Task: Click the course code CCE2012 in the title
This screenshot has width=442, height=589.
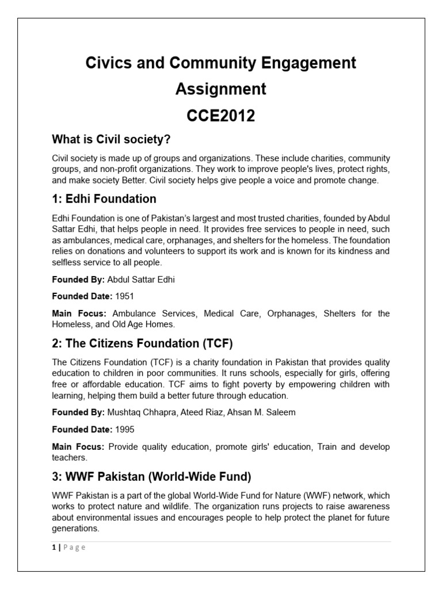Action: tap(220, 116)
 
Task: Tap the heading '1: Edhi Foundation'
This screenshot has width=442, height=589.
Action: tap(104, 199)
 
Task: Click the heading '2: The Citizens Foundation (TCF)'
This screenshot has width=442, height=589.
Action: tap(142, 344)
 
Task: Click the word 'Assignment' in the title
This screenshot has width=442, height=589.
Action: tap(220, 89)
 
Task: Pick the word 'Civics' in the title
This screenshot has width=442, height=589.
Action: tap(106, 62)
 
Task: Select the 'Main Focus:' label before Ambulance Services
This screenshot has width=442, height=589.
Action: tap(80, 313)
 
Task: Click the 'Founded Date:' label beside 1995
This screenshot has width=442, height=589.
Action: tap(82, 430)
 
